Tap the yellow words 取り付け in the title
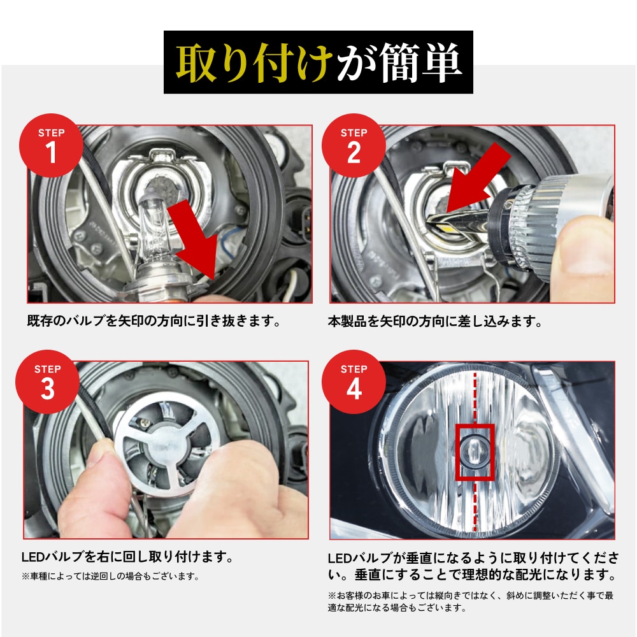254,64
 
